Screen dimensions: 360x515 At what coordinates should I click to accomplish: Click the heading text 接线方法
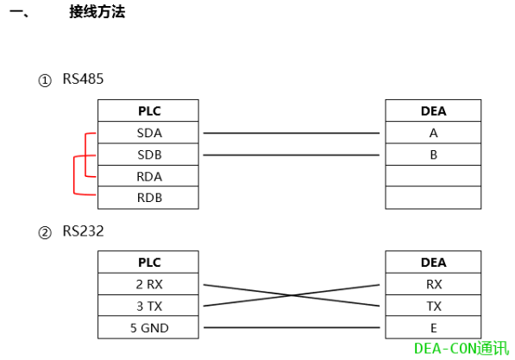click(97, 13)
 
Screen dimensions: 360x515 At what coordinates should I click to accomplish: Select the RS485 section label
click(83, 79)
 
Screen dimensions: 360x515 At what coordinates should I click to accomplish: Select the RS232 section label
click(83, 231)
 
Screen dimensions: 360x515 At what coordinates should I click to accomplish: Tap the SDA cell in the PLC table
click(148, 133)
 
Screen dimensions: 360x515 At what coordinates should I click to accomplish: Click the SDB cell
click(148, 155)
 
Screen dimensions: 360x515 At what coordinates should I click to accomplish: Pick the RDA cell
click(148, 176)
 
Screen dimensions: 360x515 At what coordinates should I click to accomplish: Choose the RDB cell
click(148, 198)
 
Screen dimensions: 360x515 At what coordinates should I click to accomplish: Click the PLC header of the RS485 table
click(148, 111)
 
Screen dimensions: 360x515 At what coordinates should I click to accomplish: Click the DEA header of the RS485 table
click(433, 111)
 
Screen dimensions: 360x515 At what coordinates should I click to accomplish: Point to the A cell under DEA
click(433, 133)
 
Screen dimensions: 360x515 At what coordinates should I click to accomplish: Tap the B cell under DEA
click(433, 155)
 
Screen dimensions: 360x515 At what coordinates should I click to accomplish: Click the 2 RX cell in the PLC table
click(148, 284)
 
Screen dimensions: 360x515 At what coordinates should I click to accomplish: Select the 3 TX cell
click(148, 306)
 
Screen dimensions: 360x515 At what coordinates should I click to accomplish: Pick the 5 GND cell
click(148, 327)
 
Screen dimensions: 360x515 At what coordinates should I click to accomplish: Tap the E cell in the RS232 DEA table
click(433, 327)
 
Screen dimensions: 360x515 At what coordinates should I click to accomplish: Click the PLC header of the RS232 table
click(148, 262)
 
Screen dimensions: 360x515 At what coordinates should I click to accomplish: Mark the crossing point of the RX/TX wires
click(292, 295)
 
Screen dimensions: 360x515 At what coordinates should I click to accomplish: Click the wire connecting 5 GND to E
click(292, 328)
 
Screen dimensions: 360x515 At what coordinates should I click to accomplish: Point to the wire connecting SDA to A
click(292, 134)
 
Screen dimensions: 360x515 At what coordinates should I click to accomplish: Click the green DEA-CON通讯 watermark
click(461, 348)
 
